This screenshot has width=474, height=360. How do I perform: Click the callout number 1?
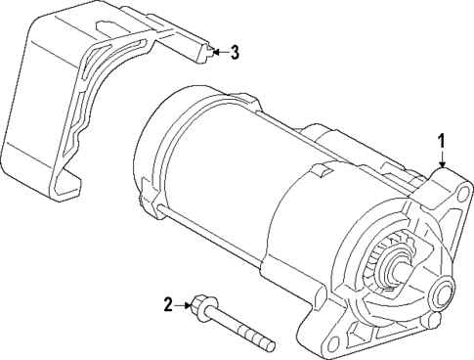click(442, 143)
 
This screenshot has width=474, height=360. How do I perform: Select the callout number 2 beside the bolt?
click(168, 305)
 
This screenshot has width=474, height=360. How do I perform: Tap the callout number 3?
click(235, 53)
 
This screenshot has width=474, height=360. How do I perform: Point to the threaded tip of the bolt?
click(269, 344)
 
